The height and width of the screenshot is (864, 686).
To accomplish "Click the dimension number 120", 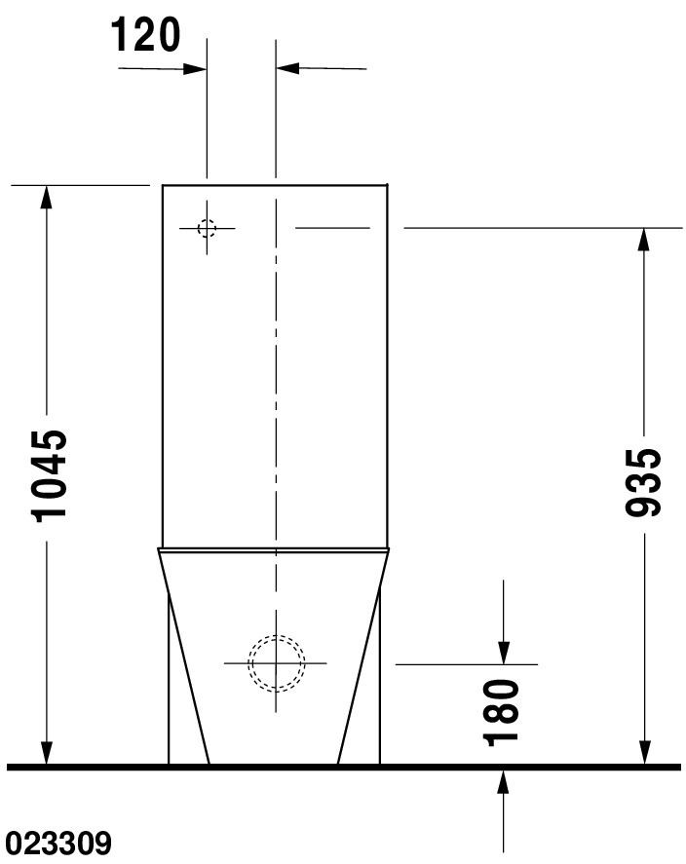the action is (146, 35).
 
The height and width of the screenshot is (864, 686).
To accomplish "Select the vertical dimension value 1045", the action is (50, 476).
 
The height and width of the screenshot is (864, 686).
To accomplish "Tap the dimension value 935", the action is (643, 483).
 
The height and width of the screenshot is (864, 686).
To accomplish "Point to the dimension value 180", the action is (501, 713).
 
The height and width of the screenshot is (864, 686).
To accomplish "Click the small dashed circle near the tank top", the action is (208, 228).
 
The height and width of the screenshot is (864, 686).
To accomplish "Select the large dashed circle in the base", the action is (276, 663).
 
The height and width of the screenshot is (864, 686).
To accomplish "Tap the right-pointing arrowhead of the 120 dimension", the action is (195, 69).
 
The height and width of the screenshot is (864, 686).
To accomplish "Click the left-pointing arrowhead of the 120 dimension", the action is (287, 68).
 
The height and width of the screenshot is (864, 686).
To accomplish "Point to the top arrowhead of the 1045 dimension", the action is (47, 198).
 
